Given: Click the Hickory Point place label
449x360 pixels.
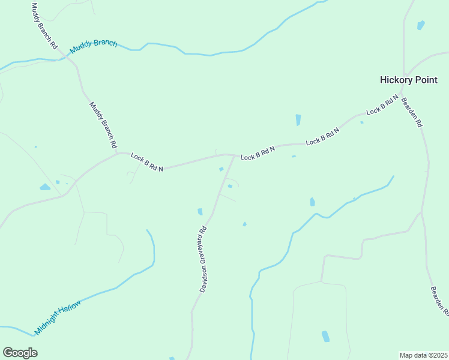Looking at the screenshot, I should [x=408, y=80].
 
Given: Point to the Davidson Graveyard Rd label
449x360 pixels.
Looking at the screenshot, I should [x=203, y=259].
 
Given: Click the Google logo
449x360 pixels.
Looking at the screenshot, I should [x=20, y=353].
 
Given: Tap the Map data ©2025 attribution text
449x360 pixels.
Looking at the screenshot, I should [x=424, y=355].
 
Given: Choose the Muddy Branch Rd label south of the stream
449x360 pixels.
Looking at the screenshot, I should [x=103, y=125].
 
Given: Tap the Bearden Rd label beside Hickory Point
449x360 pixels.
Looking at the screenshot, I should [x=412, y=112].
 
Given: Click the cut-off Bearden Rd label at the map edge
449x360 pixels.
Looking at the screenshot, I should [x=439, y=301].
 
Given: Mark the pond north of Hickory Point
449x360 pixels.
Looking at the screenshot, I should [x=421, y=25].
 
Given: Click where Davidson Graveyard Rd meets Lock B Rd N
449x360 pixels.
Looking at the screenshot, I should [x=234, y=155].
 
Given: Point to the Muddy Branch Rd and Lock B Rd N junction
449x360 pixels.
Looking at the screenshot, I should [x=118, y=153].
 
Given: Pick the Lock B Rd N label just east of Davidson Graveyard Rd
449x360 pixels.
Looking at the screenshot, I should [x=258, y=153].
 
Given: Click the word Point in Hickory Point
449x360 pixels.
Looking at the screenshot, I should [x=424, y=80].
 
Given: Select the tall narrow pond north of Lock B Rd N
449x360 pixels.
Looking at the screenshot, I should [x=298, y=120].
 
